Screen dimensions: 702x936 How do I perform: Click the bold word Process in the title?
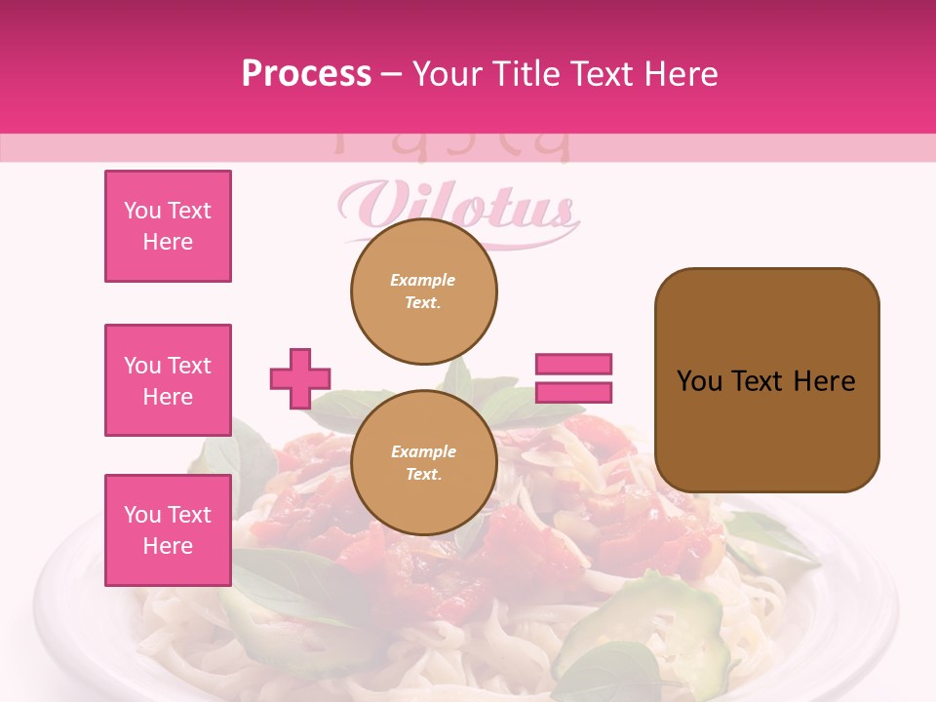click(306, 73)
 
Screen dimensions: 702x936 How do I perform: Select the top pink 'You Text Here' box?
click(168, 226)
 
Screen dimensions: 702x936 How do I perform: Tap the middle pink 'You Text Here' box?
click(168, 380)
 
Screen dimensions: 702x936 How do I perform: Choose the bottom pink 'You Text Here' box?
click(168, 530)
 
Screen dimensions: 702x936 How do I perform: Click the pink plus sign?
click(300, 378)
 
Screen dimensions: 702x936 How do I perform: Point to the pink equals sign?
click(573, 378)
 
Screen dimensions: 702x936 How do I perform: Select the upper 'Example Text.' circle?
click(424, 292)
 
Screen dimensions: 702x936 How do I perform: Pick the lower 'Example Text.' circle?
click(424, 463)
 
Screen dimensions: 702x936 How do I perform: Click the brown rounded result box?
click(766, 380)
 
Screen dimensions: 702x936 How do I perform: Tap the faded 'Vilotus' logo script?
click(458, 207)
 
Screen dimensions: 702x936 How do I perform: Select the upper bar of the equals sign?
click(573, 365)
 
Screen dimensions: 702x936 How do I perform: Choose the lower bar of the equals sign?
click(573, 392)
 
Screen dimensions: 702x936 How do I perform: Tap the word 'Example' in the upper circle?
click(423, 280)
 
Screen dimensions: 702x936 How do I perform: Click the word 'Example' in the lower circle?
click(423, 451)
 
